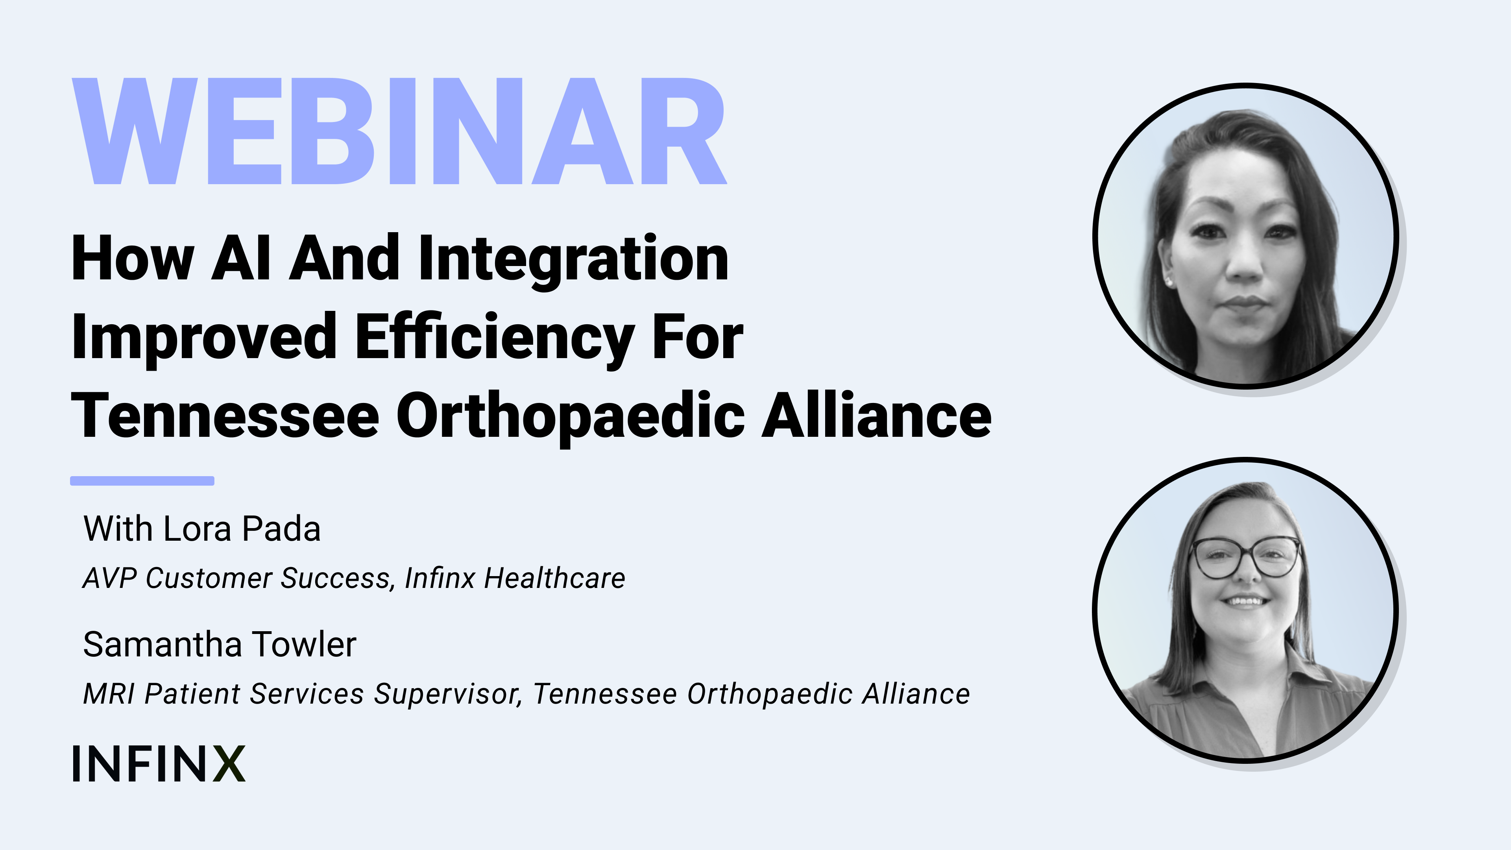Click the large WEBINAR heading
[399, 131]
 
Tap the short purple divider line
[142, 481]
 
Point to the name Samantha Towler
[220, 644]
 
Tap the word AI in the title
[241, 258]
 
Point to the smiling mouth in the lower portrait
[1246, 601]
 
